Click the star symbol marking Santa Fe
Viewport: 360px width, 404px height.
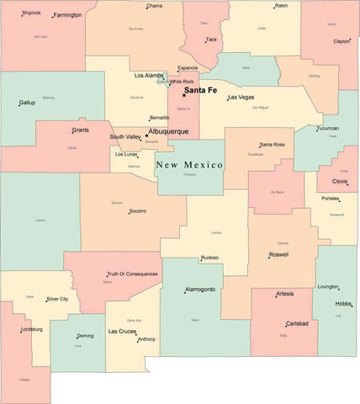(x=183, y=94)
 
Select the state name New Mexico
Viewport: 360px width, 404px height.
(x=189, y=165)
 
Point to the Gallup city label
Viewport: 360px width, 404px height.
(x=27, y=103)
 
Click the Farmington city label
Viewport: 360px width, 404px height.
(x=67, y=15)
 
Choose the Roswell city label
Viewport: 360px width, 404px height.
(x=278, y=254)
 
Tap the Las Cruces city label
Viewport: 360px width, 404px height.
(x=122, y=332)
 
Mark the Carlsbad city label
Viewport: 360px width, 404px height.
(x=297, y=323)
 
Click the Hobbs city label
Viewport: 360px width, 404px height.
(x=343, y=303)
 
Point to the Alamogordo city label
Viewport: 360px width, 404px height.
(x=200, y=290)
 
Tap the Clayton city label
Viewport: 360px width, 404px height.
(x=341, y=41)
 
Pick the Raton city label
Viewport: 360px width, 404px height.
(x=281, y=6)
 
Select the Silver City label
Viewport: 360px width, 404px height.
(x=57, y=299)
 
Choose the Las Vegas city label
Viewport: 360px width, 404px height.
(x=241, y=98)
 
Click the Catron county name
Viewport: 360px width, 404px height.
(x=40, y=221)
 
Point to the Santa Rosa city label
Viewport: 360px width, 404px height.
(x=272, y=145)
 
